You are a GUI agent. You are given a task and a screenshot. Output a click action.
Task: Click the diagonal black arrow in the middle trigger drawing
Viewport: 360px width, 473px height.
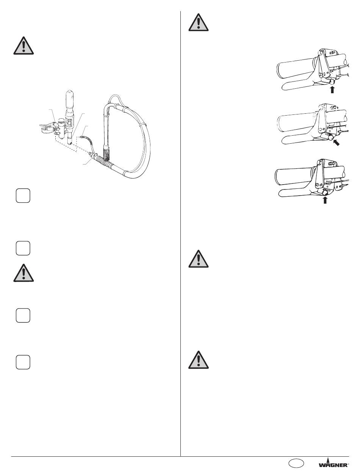tap(336, 143)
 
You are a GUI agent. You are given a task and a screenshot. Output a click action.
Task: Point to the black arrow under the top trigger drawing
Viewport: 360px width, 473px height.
tap(332, 89)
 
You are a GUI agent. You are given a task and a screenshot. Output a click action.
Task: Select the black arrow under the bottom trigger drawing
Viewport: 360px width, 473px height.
tap(325, 200)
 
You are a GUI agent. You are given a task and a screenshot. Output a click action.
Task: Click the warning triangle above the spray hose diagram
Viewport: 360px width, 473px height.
tap(23, 46)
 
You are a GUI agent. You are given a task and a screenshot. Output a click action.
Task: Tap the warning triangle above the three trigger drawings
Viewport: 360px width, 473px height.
tap(199, 22)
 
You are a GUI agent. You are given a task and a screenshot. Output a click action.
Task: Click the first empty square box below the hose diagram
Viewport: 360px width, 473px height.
tap(23, 196)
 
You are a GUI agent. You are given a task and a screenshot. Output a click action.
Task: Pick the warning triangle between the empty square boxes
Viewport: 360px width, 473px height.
tap(23, 273)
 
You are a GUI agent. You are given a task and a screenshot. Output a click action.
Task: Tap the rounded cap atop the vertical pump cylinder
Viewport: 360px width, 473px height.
tap(70, 95)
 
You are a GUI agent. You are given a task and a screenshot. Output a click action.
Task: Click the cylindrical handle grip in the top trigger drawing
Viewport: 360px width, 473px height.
tap(295, 69)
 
